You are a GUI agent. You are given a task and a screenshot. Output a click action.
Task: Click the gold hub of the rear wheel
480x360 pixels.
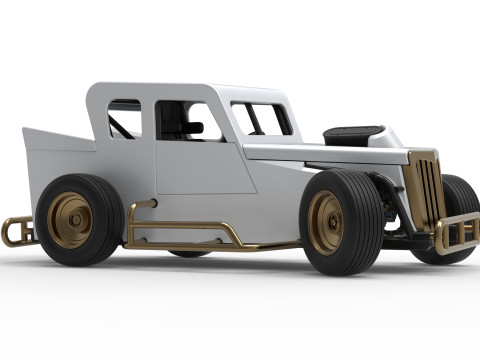[70, 220]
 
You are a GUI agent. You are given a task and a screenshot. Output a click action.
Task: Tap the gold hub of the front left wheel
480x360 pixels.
[326, 222]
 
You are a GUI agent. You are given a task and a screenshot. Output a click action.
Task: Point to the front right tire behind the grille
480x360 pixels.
[459, 200]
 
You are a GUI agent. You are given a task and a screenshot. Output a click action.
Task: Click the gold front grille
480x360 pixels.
[424, 190]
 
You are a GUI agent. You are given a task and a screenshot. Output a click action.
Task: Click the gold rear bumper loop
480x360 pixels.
[14, 231]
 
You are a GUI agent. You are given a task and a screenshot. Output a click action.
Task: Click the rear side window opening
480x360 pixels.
[124, 118]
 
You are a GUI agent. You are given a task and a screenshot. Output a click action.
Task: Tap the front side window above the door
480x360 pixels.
[186, 120]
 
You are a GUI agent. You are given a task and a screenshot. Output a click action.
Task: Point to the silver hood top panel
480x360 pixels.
[320, 151]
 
